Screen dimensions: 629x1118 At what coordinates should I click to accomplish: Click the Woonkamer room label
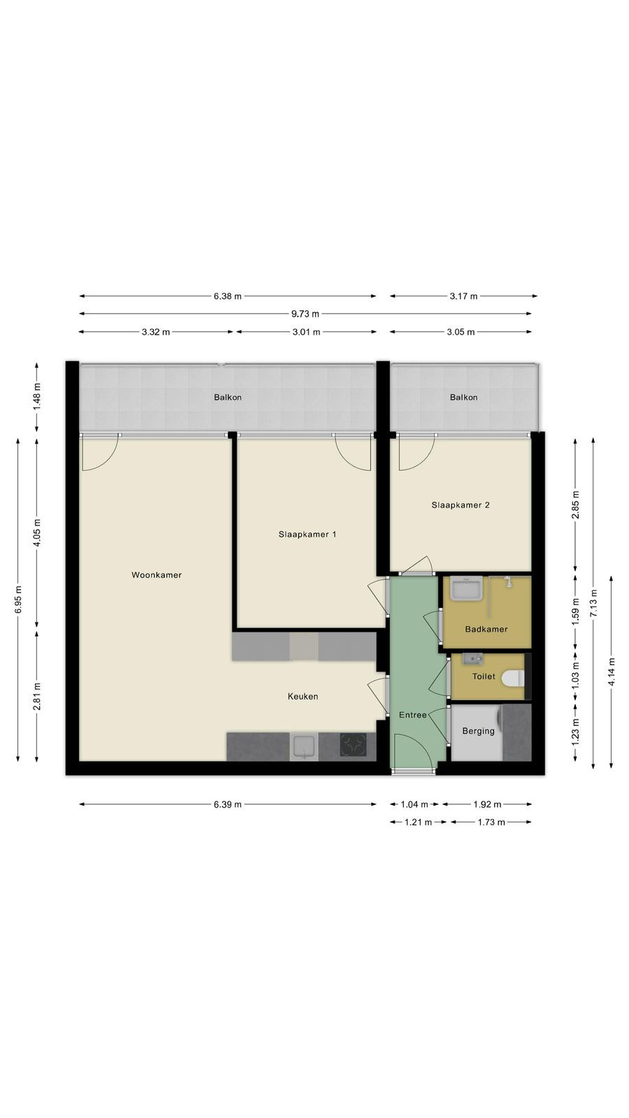click(x=157, y=575)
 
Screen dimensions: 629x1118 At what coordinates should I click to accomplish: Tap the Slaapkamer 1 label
click(x=307, y=535)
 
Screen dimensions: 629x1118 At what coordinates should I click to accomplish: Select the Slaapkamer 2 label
click(x=461, y=505)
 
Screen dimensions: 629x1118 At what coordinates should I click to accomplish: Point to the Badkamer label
click(x=486, y=630)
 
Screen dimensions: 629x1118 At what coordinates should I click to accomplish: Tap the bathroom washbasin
click(x=466, y=588)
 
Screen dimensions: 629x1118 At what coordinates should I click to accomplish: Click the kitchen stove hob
click(x=354, y=745)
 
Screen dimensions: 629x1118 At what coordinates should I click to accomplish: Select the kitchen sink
click(x=304, y=747)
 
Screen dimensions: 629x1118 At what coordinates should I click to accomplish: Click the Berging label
click(x=478, y=731)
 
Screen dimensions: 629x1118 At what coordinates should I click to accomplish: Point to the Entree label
click(x=413, y=716)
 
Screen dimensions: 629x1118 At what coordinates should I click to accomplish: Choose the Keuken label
click(x=303, y=697)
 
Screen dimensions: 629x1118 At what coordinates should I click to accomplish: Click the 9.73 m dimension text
click(x=305, y=314)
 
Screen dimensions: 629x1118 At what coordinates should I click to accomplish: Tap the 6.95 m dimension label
click(x=18, y=600)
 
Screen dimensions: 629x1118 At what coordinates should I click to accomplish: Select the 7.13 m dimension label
click(x=593, y=604)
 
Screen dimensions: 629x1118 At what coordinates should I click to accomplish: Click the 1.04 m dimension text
click(x=414, y=804)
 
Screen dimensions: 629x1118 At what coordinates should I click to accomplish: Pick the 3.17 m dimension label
click(x=463, y=296)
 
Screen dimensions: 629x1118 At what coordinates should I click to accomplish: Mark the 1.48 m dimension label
click(x=37, y=396)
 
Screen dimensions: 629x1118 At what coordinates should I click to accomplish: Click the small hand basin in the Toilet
click(x=471, y=660)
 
